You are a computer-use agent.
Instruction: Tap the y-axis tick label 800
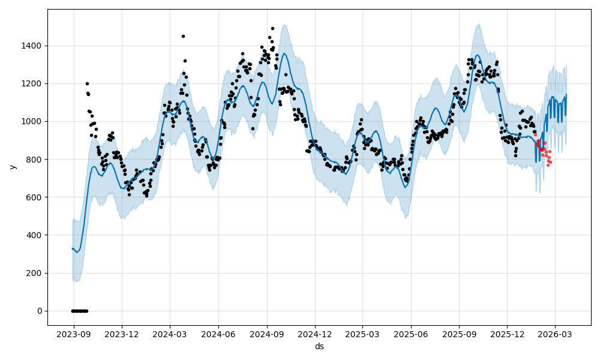click(35, 159)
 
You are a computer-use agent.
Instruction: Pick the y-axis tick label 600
click(35, 197)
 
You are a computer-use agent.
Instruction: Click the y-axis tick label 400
click(35, 235)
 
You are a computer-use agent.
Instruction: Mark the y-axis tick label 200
click(35, 273)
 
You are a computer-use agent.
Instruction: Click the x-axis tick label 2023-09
click(74, 334)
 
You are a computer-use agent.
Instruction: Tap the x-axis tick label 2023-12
click(122, 334)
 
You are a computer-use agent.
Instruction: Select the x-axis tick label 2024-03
click(170, 334)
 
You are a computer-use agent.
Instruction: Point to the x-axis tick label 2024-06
click(218, 334)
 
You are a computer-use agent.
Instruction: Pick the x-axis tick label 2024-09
click(267, 334)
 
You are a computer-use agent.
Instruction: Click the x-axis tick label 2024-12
click(315, 334)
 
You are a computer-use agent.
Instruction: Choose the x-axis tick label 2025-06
click(411, 334)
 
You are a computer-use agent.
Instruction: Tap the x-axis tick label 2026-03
click(555, 334)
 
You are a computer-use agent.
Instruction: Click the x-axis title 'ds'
click(319, 346)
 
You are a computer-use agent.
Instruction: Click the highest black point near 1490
click(272, 28)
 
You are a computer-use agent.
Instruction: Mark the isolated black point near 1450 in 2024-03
click(183, 36)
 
